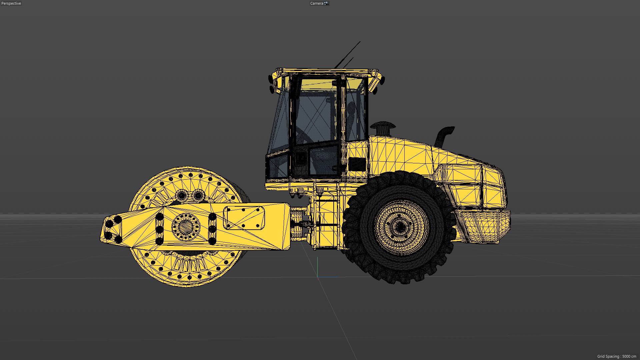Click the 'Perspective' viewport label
(11, 3)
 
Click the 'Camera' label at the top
(317, 3)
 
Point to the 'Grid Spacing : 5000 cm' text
(616, 356)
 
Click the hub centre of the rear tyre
(399, 227)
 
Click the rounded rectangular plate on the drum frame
(244, 218)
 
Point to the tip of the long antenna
(360, 42)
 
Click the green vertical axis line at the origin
(317, 267)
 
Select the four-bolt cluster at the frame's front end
(113, 229)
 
